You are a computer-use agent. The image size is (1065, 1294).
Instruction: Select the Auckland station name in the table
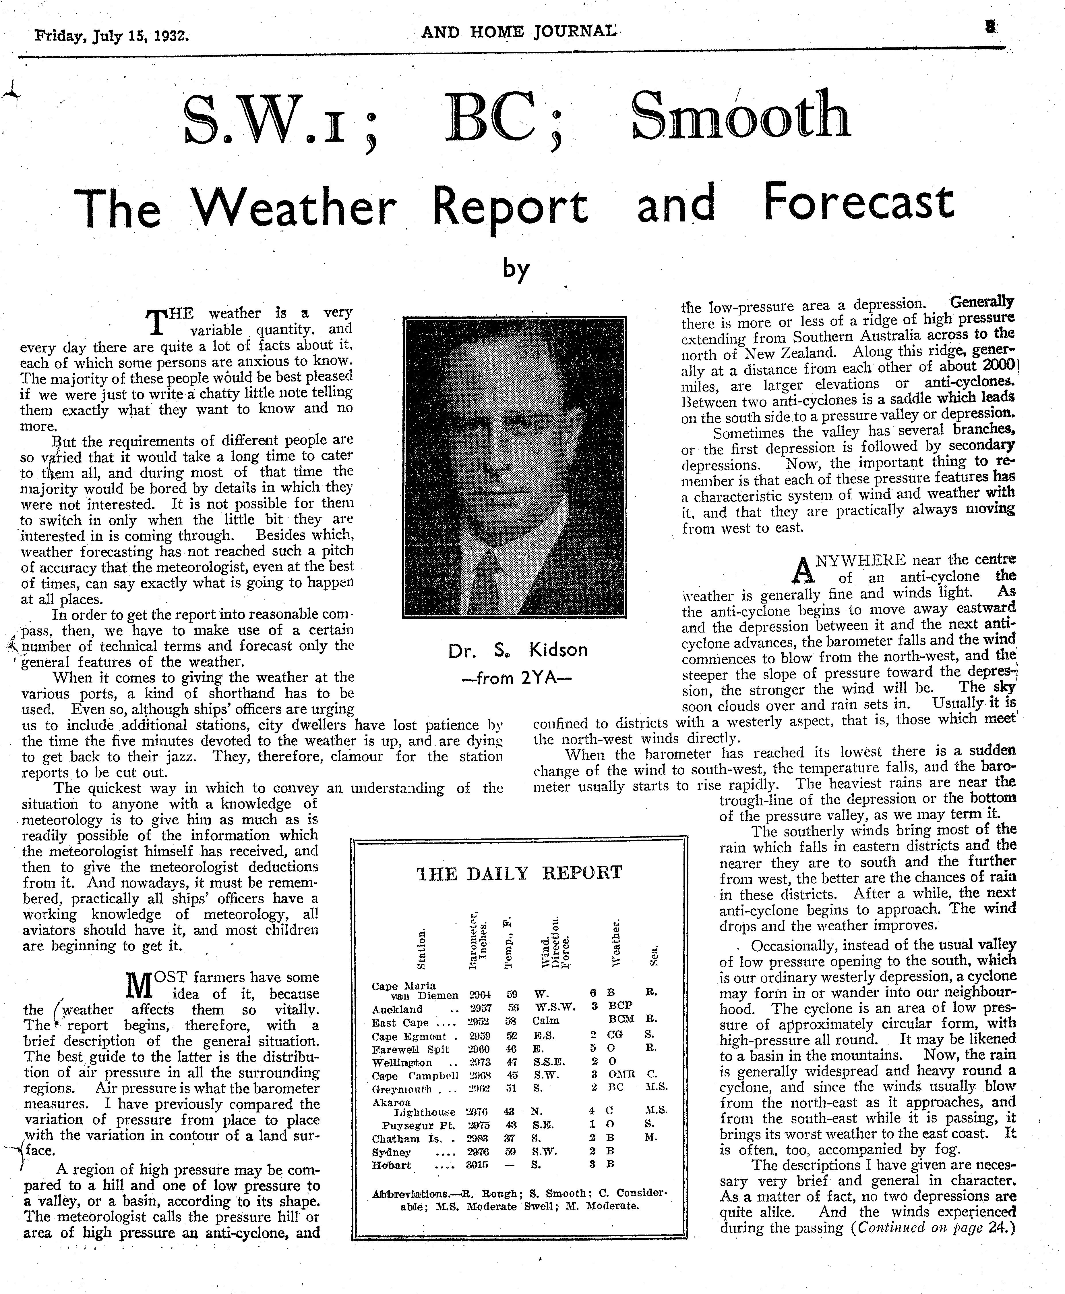click(x=397, y=1008)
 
